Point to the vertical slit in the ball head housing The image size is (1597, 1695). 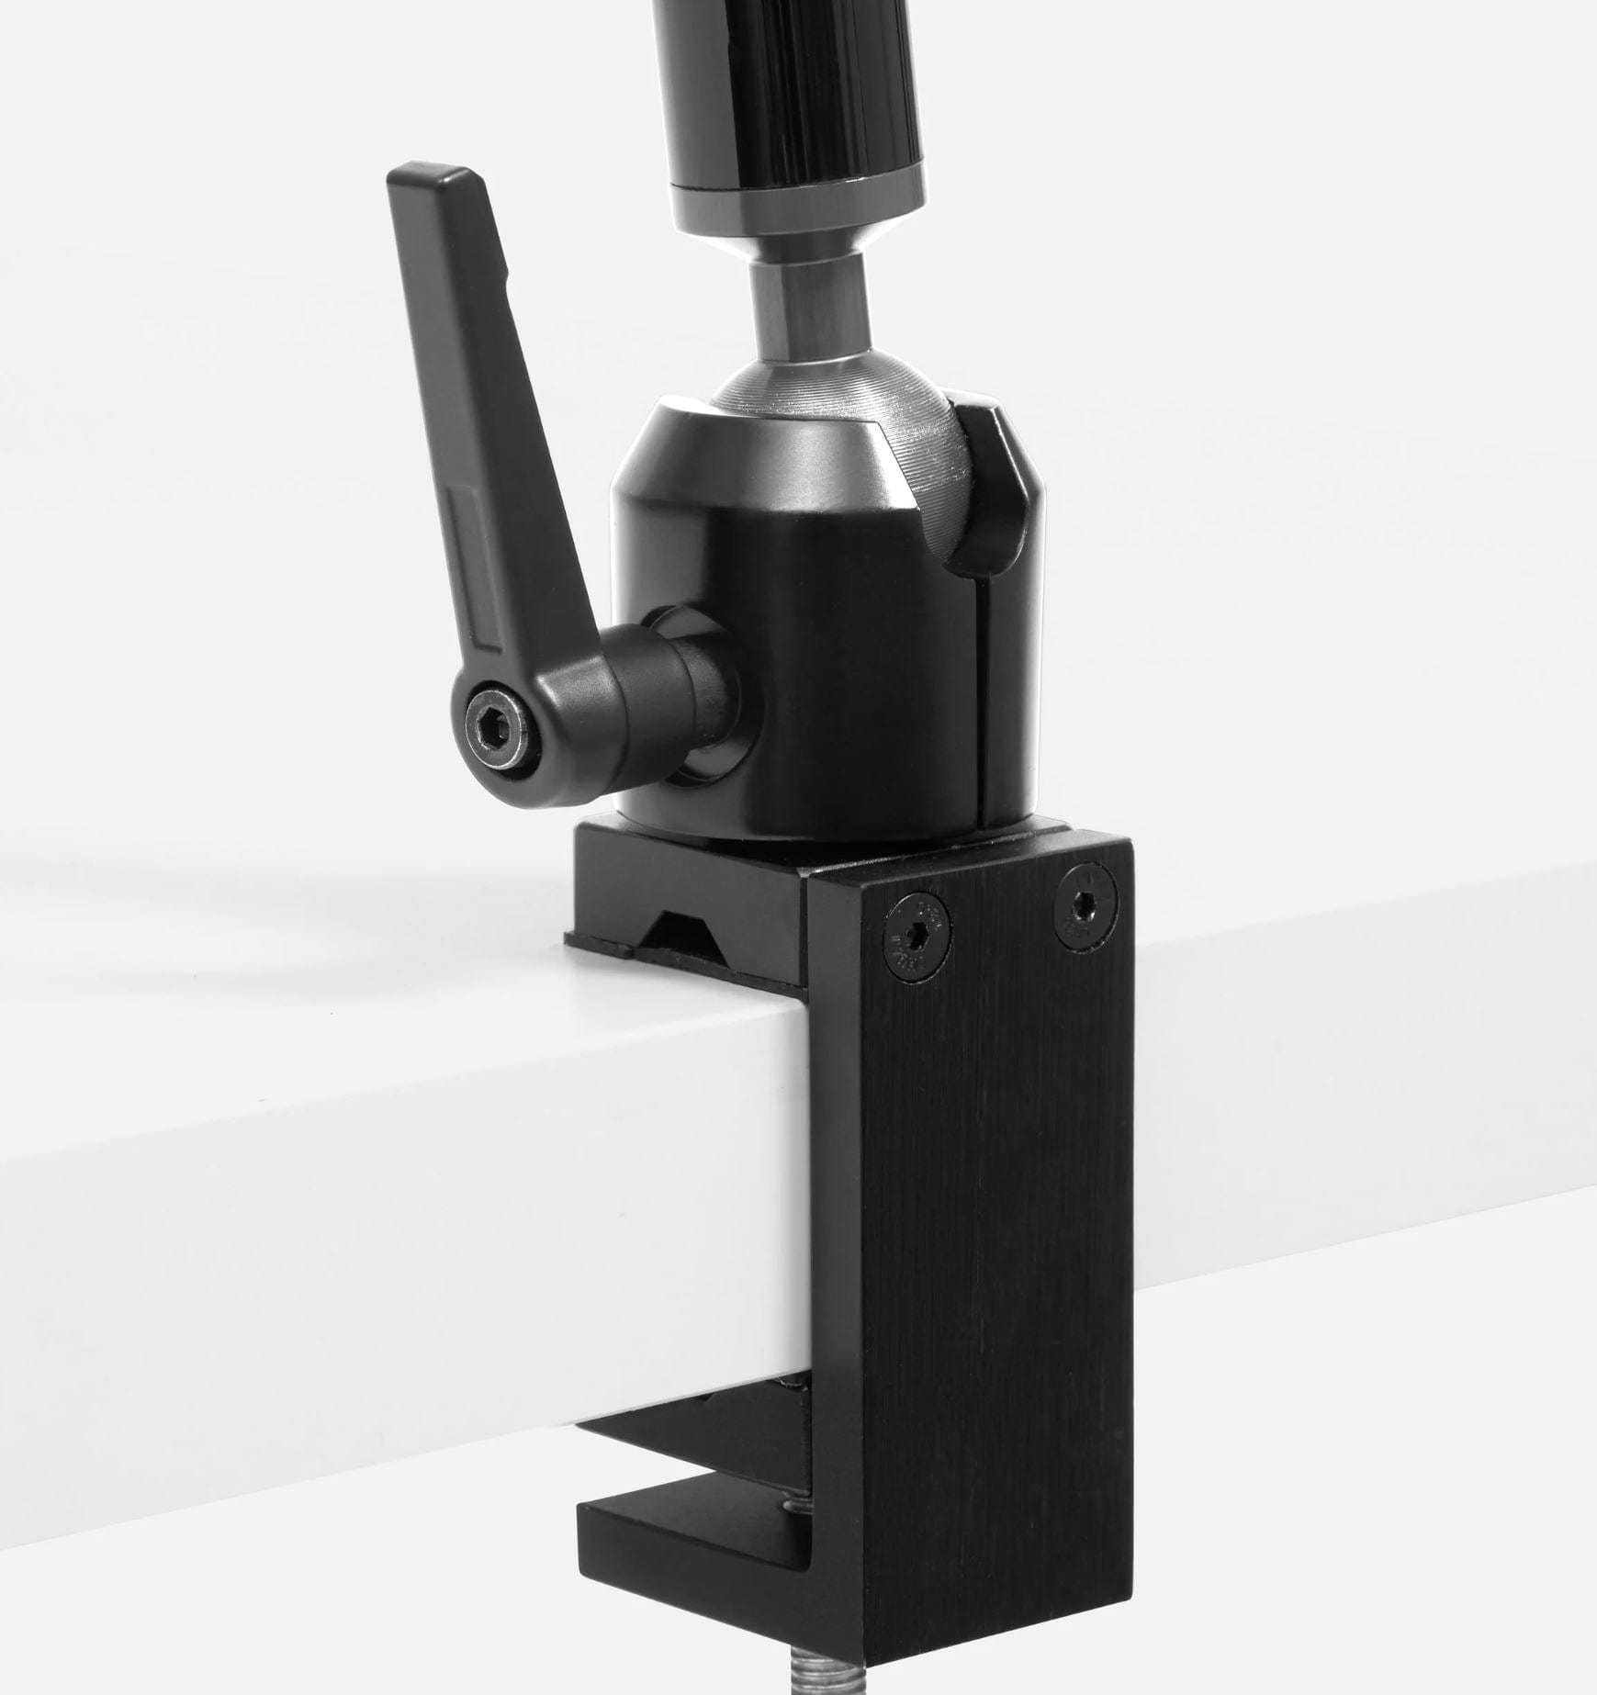tap(982, 698)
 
